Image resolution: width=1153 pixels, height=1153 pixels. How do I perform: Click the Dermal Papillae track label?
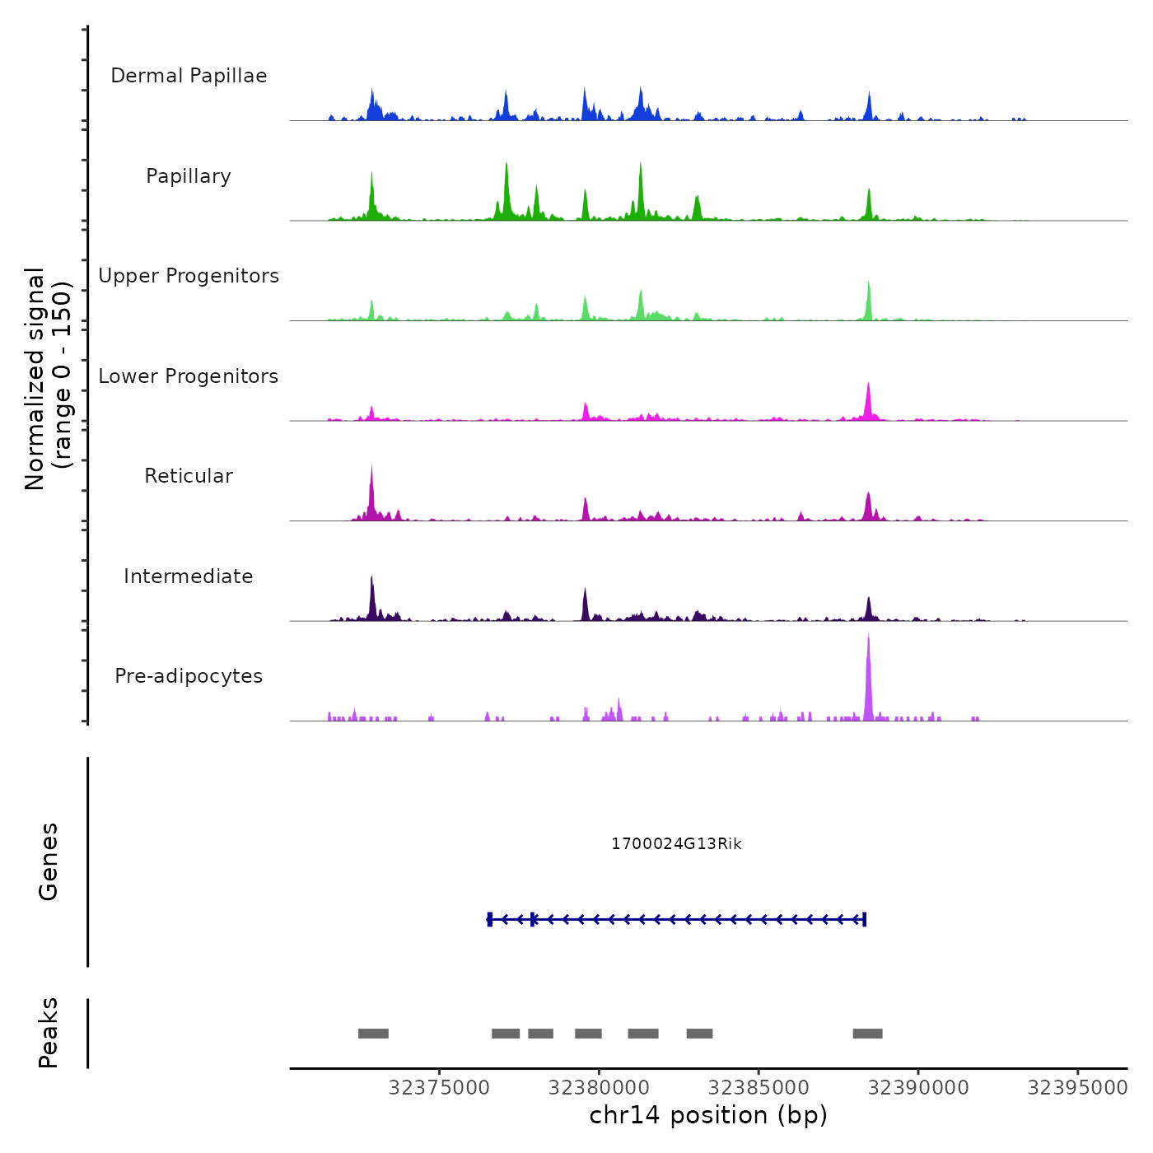[189, 76]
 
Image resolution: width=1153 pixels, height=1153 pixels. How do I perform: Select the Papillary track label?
[189, 176]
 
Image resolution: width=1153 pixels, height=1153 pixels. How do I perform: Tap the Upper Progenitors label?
[189, 276]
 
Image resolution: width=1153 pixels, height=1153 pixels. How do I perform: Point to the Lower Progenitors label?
[189, 376]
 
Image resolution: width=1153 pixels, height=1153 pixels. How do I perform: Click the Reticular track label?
[189, 476]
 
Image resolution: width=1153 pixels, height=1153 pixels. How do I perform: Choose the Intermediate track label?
[189, 576]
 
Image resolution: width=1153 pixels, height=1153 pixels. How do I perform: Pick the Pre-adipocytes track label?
[189, 676]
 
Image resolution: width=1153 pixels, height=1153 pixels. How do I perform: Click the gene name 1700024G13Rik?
[676, 844]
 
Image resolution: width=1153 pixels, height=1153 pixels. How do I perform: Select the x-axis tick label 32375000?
[439, 1088]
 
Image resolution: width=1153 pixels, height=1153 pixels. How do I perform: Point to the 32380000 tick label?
[599, 1088]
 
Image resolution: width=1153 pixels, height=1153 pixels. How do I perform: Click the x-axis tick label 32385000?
[759, 1088]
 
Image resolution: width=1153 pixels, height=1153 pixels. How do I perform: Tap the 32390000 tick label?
[918, 1088]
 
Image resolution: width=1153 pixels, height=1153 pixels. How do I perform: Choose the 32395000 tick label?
[1077, 1088]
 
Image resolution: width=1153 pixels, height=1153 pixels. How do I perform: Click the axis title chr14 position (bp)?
[708, 1115]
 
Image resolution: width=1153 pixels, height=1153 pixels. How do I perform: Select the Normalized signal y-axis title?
[48, 379]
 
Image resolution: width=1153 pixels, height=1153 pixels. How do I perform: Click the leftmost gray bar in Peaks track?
[373, 1034]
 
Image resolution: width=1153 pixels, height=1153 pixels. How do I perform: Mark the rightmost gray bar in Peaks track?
[867, 1034]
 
